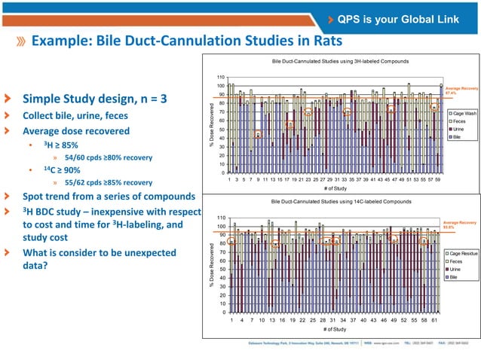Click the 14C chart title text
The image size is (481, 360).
point(336,202)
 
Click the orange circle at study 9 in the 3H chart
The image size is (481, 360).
point(258,135)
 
